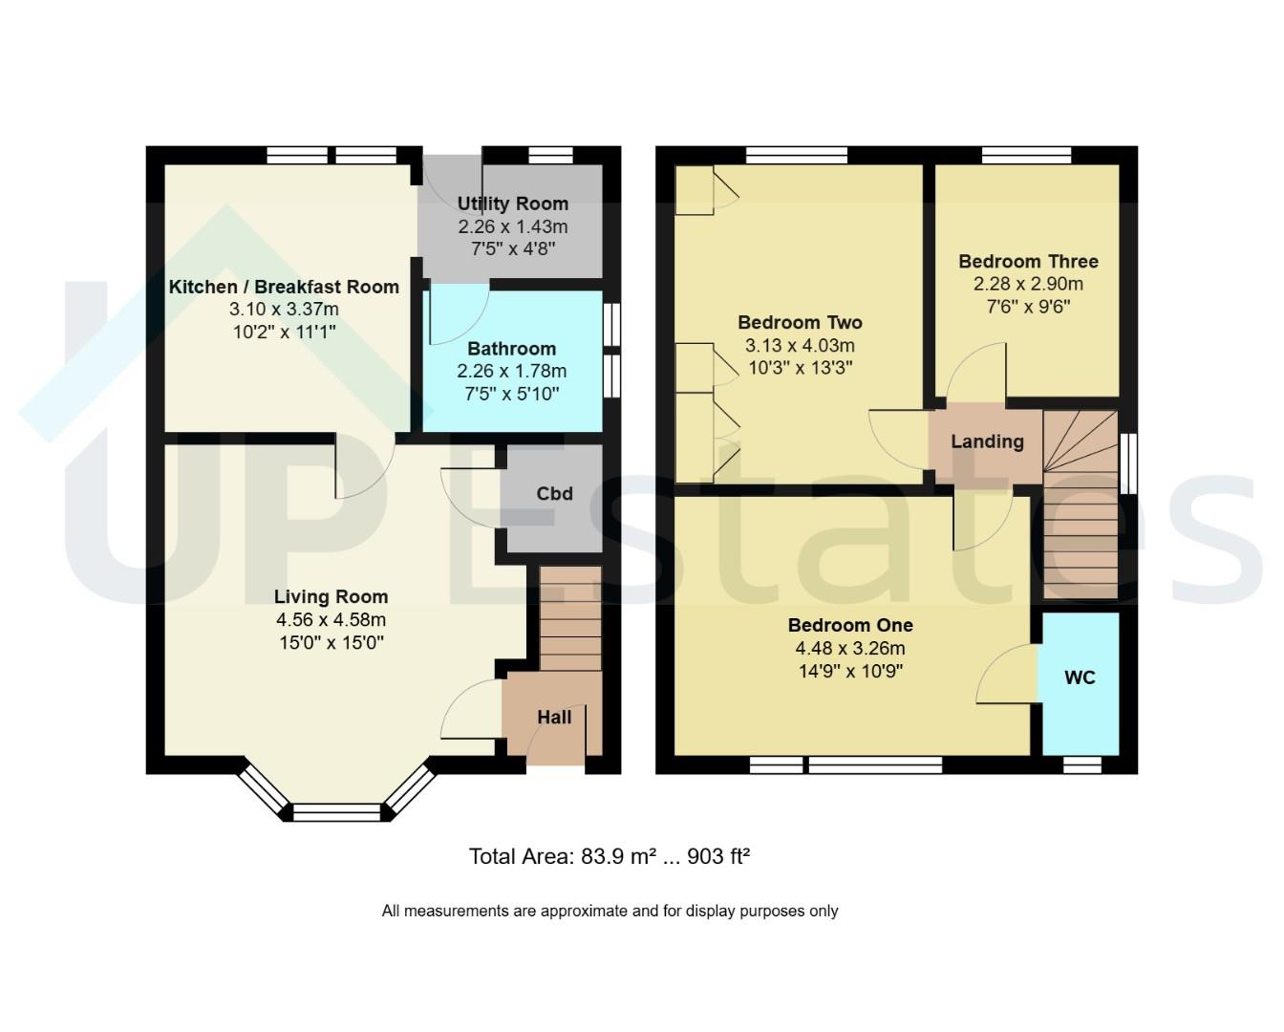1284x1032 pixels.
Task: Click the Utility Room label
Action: click(x=512, y=204)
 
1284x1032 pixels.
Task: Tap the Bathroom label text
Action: click(x=512, y=349)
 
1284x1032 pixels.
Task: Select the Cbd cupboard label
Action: click(x=554, y=494)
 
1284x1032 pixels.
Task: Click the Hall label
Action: click(x=554, y=717)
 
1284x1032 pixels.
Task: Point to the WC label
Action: click(x=1080, y=677)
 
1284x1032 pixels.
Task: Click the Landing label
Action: click(x=988, y=441)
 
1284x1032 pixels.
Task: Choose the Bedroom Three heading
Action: click(x=1029, y=262)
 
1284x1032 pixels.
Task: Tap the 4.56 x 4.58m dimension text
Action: click(x=332, y=620)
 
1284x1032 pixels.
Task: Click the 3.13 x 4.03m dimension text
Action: click(x=801, y=345)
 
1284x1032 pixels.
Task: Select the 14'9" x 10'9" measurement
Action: click(x=851, y=672)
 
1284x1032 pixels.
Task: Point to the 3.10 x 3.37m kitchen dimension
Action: click(x=284, y=310)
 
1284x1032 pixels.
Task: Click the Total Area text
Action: click(x=610, y=856)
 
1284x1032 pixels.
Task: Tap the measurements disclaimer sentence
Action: click(x=610, y=911)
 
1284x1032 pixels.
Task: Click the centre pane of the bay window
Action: click(x=336, y=812)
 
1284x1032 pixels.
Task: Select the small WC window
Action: click(x=1082, y=765)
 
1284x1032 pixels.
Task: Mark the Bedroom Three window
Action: click(x=1027, y=155)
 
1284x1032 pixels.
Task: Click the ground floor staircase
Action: click(x=570, y=619)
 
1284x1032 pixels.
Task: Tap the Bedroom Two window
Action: click(x=797, y=155)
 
